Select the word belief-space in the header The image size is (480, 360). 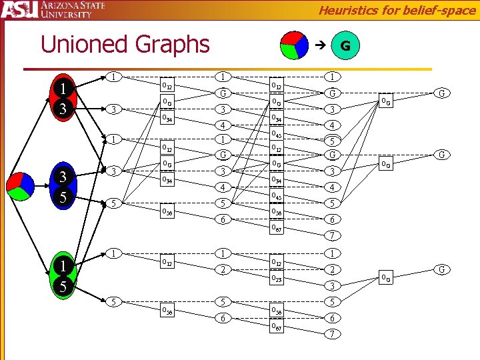click(443, 10)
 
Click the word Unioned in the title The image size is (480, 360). click(83, 45)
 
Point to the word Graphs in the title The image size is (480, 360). click(171, 45)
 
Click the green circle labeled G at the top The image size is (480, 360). click(345, 46)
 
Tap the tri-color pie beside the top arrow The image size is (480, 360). click(293, 45)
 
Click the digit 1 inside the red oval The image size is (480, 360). click(62, 89)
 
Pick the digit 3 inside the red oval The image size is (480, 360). click(62, 109)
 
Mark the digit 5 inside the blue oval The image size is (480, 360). click(62, 199)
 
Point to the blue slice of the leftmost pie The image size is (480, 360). click(28, 182)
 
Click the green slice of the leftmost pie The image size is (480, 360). click(20, 193)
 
